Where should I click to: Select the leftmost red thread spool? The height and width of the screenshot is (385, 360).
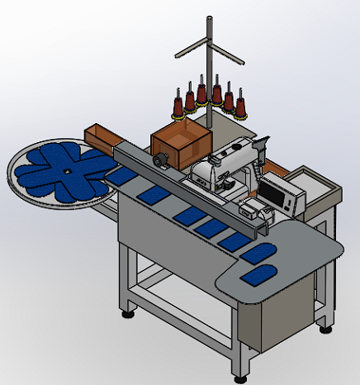coord(177,105)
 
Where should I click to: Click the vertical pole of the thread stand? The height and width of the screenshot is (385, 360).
coord(208,91)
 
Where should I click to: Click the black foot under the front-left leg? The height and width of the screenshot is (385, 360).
coord(127,313)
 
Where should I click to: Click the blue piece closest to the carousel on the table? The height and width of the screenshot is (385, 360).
coord(122,176)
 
